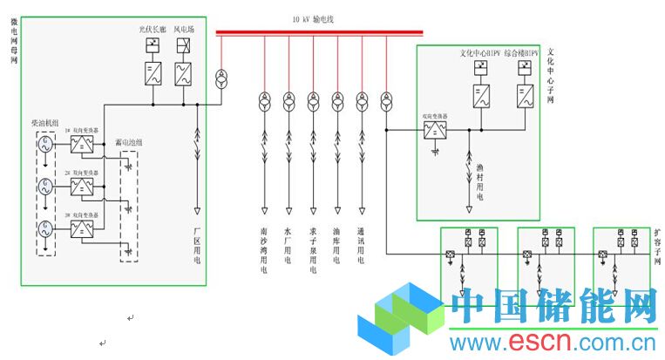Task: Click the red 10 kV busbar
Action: (x=319, y=33)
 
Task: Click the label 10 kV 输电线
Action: (x=319, y=18)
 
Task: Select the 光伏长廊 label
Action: (x=153, y=29)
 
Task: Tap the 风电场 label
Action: (x=184, y=29)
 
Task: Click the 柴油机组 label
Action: (x=44, y=123)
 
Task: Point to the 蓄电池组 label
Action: (x=130, y=144)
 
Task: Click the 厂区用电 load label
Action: (x=197, y=248)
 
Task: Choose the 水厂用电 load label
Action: (x=288, y=247)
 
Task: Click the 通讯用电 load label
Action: (x=361, y=247)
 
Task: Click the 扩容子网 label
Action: (x=656, y=248)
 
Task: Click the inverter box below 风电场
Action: (x=184, y=76)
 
